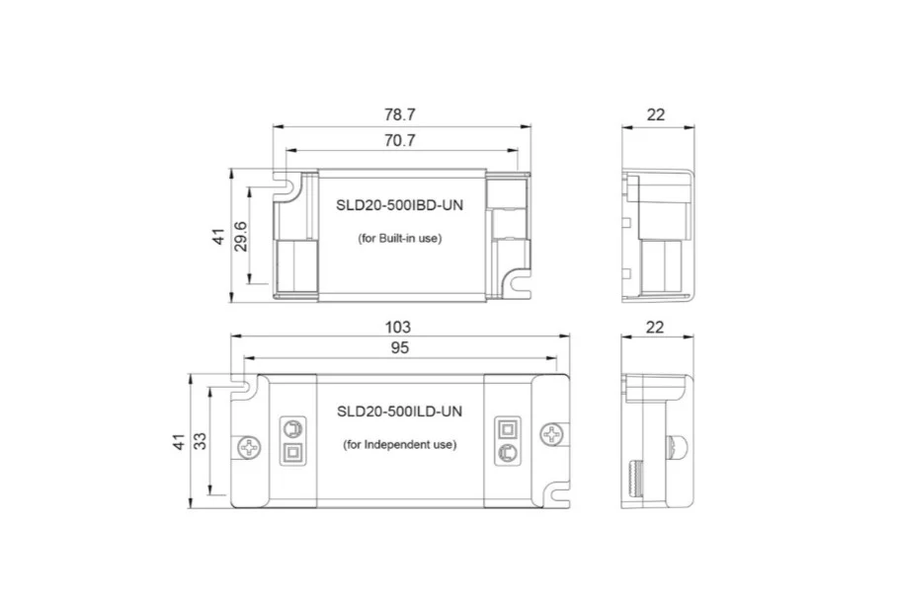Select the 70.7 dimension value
click(x=399, y=141)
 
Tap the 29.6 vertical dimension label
click(x=241, y=237)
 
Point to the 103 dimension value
click(x=398, y=327)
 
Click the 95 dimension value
click(x=399, y=347)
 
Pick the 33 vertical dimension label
click(x=201, y=440)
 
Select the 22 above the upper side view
click(x=656, y=114)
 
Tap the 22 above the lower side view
click(x=655, y=327)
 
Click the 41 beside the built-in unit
click(x=218, y=237)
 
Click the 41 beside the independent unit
click(x=179, y=440)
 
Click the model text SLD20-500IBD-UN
click(x=399, y=204)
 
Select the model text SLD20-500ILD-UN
click(x=399, y=411)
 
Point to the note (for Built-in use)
click(x=399, y=239)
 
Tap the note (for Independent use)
click(x=399, y=445)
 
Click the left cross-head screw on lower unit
click(x=248, y=445)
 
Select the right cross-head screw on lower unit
click(x=550, y=434)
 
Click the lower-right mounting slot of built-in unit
click(x=519, y=285)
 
